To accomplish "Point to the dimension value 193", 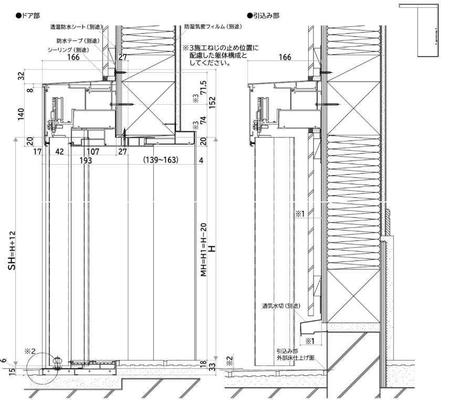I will [x=86, y=160].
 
